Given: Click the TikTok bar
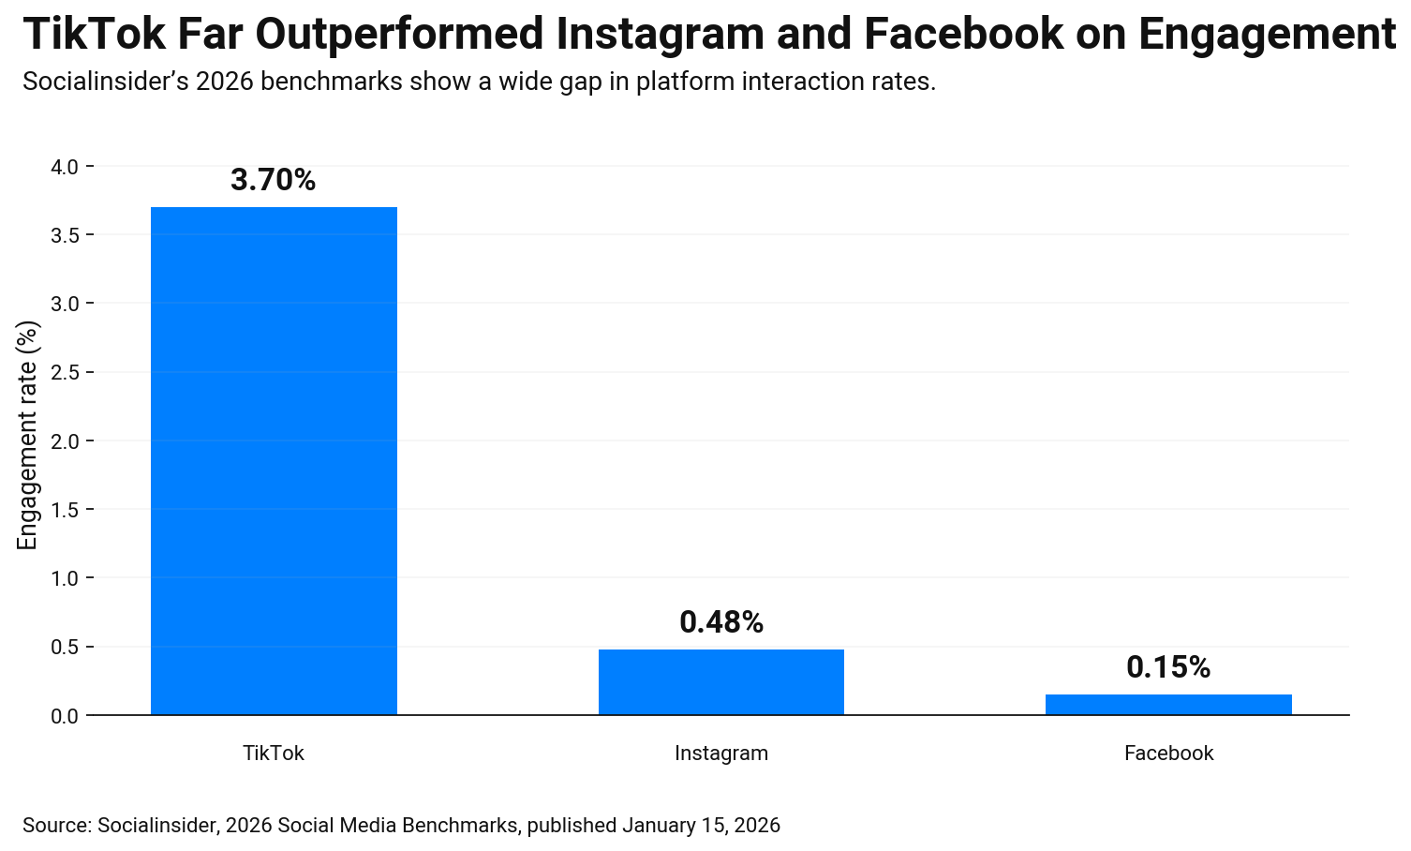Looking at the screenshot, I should pyautogui.click(x=274, y=460).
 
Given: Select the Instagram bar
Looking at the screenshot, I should pyautogui.click(x=720, y=681).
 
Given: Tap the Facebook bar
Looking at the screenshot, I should pyautogui.click(x=1168, y=704).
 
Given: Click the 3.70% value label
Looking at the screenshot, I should pyautogui.click(x=274, y=180).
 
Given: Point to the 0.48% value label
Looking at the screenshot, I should pyautogui.click(x=720, y=622).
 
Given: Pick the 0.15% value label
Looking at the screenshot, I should pyautogui.click(x=1168, y=667).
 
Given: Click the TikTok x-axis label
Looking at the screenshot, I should pyautogui.click(x=274, y=754).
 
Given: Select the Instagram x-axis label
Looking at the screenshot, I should pyautogui.click(x=720, y=754).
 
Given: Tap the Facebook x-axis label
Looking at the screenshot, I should pyautogui.click(x=1168, y=754).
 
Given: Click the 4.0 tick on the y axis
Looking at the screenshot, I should pyautogui.click(x=65, y=167).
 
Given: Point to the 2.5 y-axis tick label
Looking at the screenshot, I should pyautogui.click(x=65, y=373).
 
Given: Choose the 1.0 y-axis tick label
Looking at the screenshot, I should pyautogui.click(x=65, y=578).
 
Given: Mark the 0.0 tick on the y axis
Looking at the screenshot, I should pyautogui.click(x=65, y=716).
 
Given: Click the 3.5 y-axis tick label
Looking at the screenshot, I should pyautogui.click(x=65, y=235).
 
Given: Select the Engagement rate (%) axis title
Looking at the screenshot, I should pyautogui.click(x=28, y=436).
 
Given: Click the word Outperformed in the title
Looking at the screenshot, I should pyautogui.click(x=398, y=36).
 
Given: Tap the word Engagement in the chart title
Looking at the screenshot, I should pyautogui.click(x=1267, y=36).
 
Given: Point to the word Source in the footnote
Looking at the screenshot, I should pyautogui.click(x=54, y=826).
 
